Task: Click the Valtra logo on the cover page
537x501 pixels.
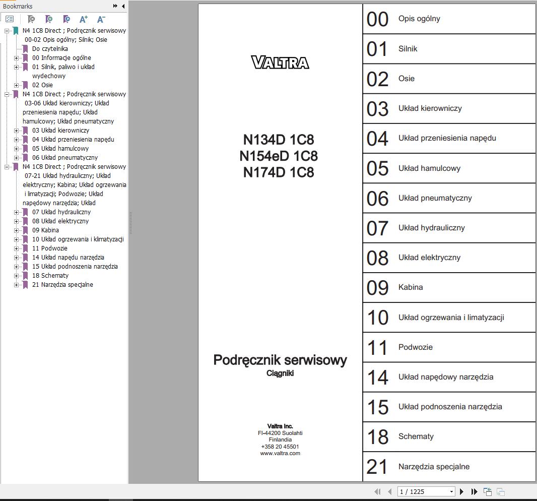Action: [280, 62]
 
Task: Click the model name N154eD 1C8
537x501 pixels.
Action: [279, 156]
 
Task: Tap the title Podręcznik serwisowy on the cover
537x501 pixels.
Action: [280, 360]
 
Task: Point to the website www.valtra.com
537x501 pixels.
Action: [280, 453]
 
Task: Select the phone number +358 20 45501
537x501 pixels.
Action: [280, 447]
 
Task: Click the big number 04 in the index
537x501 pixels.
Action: [378, 139]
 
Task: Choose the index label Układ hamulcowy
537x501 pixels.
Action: [429, 168]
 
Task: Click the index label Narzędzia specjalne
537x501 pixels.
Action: [434, 467]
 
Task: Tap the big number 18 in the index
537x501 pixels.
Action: [378, 437]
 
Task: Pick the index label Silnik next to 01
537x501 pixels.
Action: [408, 49]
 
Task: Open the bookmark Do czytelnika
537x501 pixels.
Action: [50, 49]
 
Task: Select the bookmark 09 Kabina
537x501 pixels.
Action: [45, 230]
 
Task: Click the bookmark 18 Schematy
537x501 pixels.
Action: [50, 276]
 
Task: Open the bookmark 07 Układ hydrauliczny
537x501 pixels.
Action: [61, 212]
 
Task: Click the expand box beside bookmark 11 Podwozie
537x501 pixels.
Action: [17, 248]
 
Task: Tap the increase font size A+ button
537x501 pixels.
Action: [84, 20]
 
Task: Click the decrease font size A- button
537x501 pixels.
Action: [101, 20]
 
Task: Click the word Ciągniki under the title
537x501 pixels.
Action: [280, 373]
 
